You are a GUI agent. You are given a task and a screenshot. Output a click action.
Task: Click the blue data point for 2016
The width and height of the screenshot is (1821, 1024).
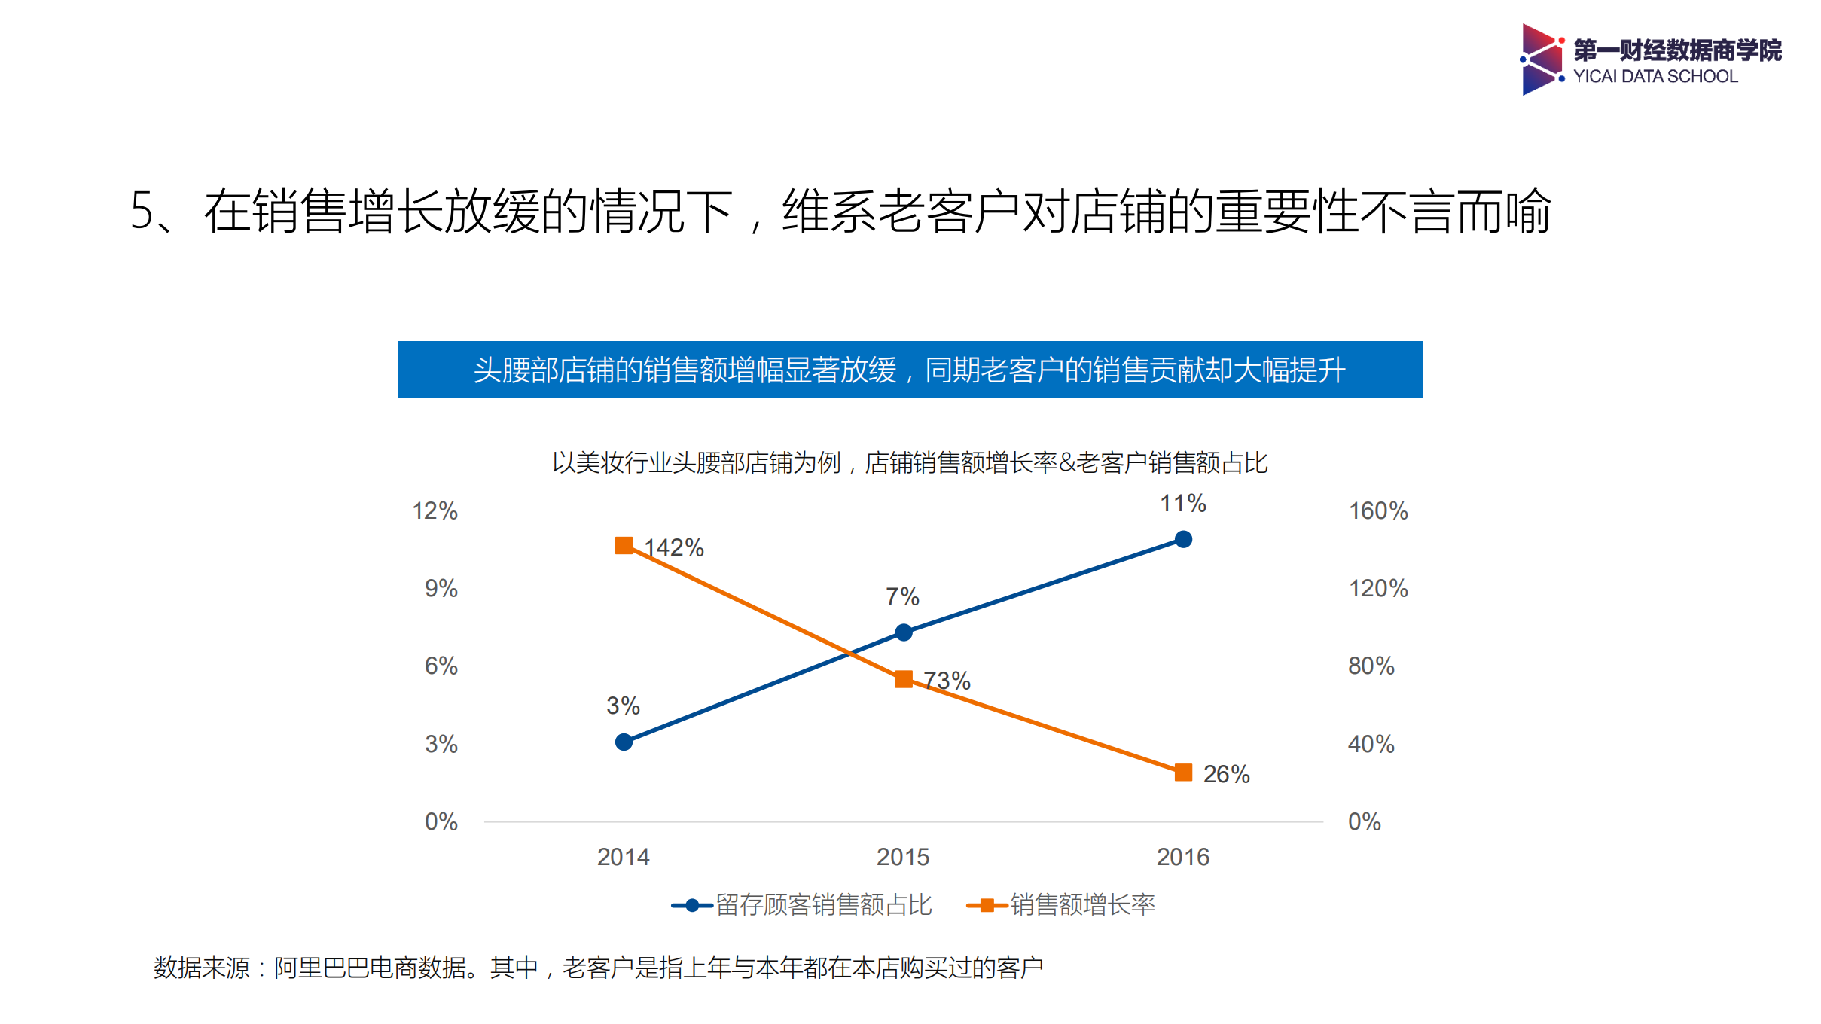[x=1182, y=539]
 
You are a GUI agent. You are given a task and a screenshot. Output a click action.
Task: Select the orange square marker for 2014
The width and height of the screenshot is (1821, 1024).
[x=624, y=545]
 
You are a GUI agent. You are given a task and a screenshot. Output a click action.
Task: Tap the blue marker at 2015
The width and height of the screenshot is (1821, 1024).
[x=903, y=632]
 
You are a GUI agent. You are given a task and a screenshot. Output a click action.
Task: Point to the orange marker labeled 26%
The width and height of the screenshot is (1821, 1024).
[x=1182, y=773]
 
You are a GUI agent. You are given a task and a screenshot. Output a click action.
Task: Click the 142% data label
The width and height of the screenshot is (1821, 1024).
[x=674, y=547]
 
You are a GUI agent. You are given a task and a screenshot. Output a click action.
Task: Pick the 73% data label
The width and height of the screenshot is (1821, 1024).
[x=947, y=681]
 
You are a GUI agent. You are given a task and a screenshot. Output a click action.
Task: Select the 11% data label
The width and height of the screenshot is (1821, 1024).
[x=1182, y=503]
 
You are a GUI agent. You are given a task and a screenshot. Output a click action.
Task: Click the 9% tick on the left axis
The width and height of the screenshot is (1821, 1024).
[x=441, y=588]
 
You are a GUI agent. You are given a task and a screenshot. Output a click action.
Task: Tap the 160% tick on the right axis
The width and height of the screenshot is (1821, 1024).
[x=1377, y=510]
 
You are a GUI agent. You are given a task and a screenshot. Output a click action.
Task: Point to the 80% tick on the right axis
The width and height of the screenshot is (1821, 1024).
[x=1371, y=666]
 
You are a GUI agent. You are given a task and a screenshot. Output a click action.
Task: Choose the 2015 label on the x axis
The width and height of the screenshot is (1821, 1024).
[x=902, y=857]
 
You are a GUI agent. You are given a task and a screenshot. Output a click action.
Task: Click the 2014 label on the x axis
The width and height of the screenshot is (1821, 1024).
[x=623, y=857]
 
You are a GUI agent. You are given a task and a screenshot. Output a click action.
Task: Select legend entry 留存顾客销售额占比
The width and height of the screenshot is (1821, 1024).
[x=822, y=904]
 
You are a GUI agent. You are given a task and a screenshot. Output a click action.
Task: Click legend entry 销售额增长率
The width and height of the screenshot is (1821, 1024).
[x=1081, y=904]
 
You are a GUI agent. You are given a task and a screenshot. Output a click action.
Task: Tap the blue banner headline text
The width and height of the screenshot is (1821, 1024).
[x=909, y=370]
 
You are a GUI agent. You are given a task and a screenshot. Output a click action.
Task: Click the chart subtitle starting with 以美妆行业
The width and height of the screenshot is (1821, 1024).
[x=909, y=462]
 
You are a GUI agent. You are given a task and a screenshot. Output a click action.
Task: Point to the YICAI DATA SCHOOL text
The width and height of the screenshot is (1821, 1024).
[x=1655, y=76]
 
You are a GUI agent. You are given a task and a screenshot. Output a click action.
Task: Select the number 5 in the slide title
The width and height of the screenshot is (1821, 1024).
[x=142, y=211]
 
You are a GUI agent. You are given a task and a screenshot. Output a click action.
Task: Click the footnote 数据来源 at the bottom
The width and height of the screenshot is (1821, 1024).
[x=598, y=968]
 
